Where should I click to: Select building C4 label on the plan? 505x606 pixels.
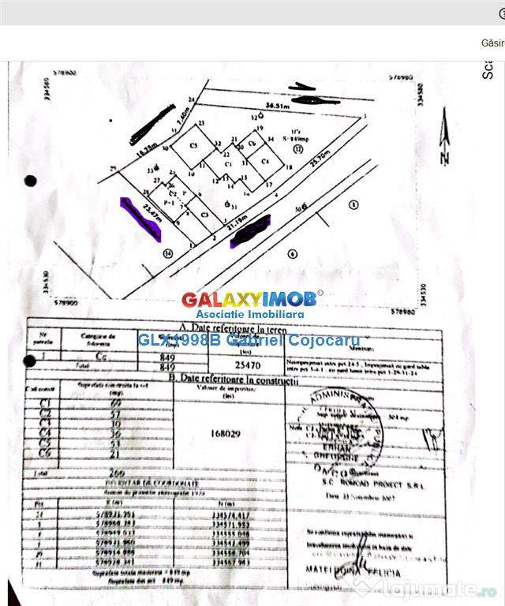(266, 162)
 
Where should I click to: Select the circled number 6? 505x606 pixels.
(292, 253)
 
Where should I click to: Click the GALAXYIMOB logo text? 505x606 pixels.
(249, 299)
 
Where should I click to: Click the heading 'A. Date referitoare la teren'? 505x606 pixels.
(224, 324)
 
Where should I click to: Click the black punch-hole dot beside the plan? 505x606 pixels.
(31, 181)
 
